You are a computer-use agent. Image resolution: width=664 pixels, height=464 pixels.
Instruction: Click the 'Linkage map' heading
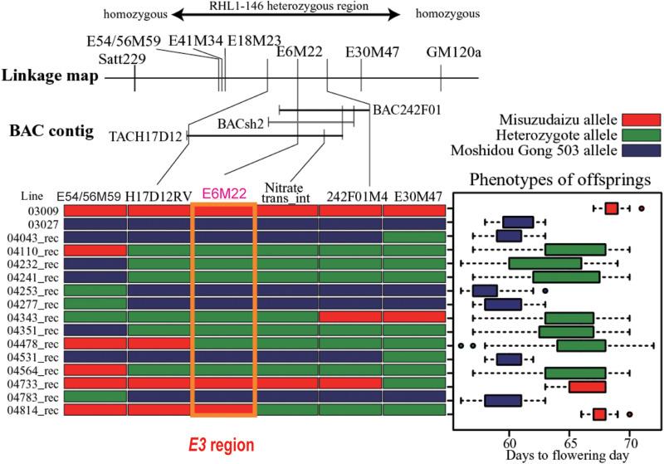[x=50, y=76]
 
